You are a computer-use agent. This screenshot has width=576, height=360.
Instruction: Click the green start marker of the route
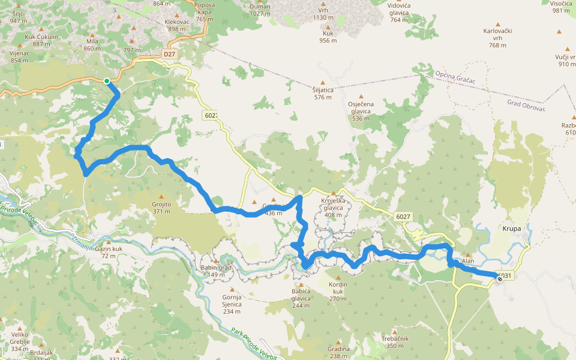107,81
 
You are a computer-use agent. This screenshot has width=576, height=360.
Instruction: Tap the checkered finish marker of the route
500,278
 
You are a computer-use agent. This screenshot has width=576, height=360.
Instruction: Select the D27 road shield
170,54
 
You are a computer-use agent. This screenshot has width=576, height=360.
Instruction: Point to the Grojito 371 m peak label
161,208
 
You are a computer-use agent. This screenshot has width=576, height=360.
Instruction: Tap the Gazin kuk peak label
109,252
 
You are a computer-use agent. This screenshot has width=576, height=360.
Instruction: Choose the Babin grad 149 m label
216,271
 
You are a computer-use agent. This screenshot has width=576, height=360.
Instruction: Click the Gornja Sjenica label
232,300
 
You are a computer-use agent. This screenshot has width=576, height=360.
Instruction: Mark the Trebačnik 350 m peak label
395,342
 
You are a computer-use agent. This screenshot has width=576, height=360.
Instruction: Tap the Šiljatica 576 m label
322,93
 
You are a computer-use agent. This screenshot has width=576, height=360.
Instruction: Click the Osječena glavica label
361,111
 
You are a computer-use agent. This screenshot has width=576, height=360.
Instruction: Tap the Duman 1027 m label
260,10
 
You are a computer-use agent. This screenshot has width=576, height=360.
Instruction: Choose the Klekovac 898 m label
176,25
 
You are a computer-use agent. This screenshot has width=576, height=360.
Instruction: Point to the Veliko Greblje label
19,346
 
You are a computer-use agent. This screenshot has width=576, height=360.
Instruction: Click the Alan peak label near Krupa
467,261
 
